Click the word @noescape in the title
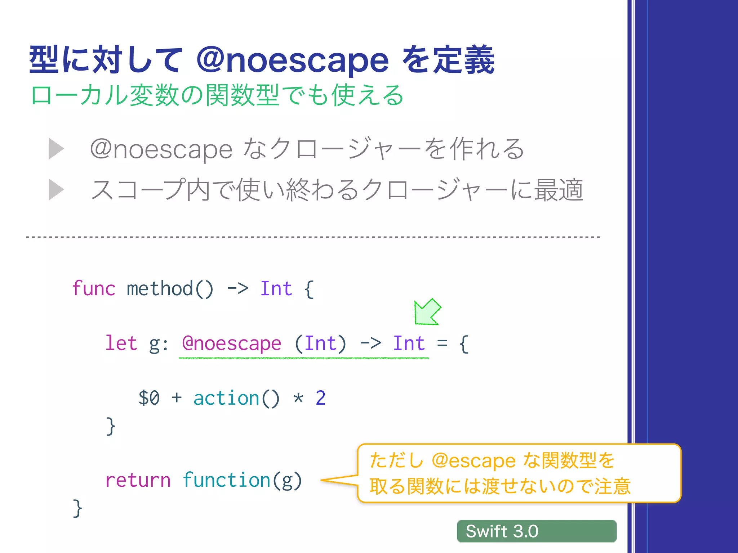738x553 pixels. tap(292, 60)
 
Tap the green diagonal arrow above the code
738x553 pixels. tap(427, 312)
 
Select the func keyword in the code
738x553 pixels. tap(93, 289)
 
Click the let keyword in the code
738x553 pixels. tap(121, 343)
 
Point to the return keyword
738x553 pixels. tap(138, 480)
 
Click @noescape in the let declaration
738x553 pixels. tap(231, 343)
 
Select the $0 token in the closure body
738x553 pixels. tap(149, 398)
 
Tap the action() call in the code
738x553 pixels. tap(236, 398)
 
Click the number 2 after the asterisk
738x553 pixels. tap(320, 398)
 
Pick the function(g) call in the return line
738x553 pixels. tap(242, 480)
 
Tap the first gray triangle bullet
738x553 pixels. tap(56, 149)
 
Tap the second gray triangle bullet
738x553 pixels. tap(56, 190)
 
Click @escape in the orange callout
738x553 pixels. tap(474, 461)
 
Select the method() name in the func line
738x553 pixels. tap(170, 289)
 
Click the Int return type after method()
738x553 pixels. tap(276, 289)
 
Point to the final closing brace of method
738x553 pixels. tap(77, 508)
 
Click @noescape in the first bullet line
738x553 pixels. tap(161, 149)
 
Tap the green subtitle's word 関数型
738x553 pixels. tap(243, 95)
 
